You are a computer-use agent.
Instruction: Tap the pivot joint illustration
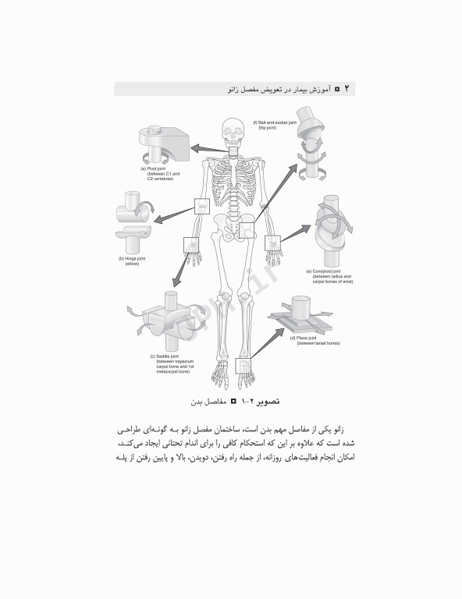[163, 144]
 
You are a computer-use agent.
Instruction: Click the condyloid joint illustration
[330, 227]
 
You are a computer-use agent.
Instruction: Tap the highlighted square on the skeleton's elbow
[201, 206]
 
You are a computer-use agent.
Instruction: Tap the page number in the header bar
[348, 90]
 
